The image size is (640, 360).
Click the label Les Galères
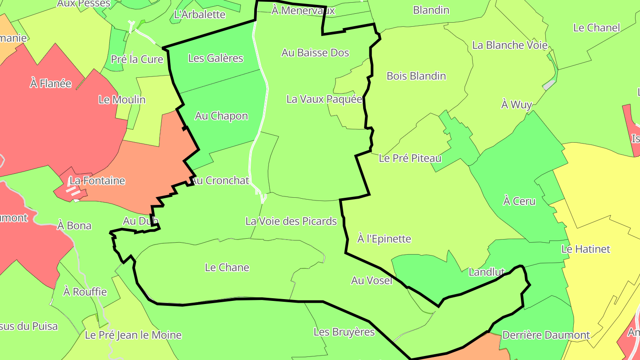(x=216, y=58)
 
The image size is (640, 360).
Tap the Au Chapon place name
(x=221, y=116)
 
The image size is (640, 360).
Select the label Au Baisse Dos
(x=315, y=53)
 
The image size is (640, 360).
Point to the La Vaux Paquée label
(x=324, y=99)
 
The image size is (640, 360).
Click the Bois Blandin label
(x=416, y=76)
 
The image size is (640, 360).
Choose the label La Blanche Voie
(x=509, y=45)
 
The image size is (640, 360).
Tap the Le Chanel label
(x=596, y=28)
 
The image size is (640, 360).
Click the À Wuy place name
(x=516, y=104)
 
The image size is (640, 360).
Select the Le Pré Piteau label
(x=410, y=158)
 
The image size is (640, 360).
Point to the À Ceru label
(x=519, y=201)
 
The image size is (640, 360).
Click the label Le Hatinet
(x=586, y=249)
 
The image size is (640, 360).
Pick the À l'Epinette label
(x=384, y=239)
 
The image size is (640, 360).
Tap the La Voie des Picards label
(x=291, y=221)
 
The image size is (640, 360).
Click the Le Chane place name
(x=227, y=268)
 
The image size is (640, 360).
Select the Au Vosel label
(x=372, y=280)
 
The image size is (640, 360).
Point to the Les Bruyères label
(x=344, y=332)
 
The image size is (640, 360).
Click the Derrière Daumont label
(x=545, y=335)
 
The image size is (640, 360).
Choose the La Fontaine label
(x=97, y=181)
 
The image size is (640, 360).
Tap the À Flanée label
(x=51, y=83)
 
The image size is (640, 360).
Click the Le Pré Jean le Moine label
(x=133, y=335)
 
